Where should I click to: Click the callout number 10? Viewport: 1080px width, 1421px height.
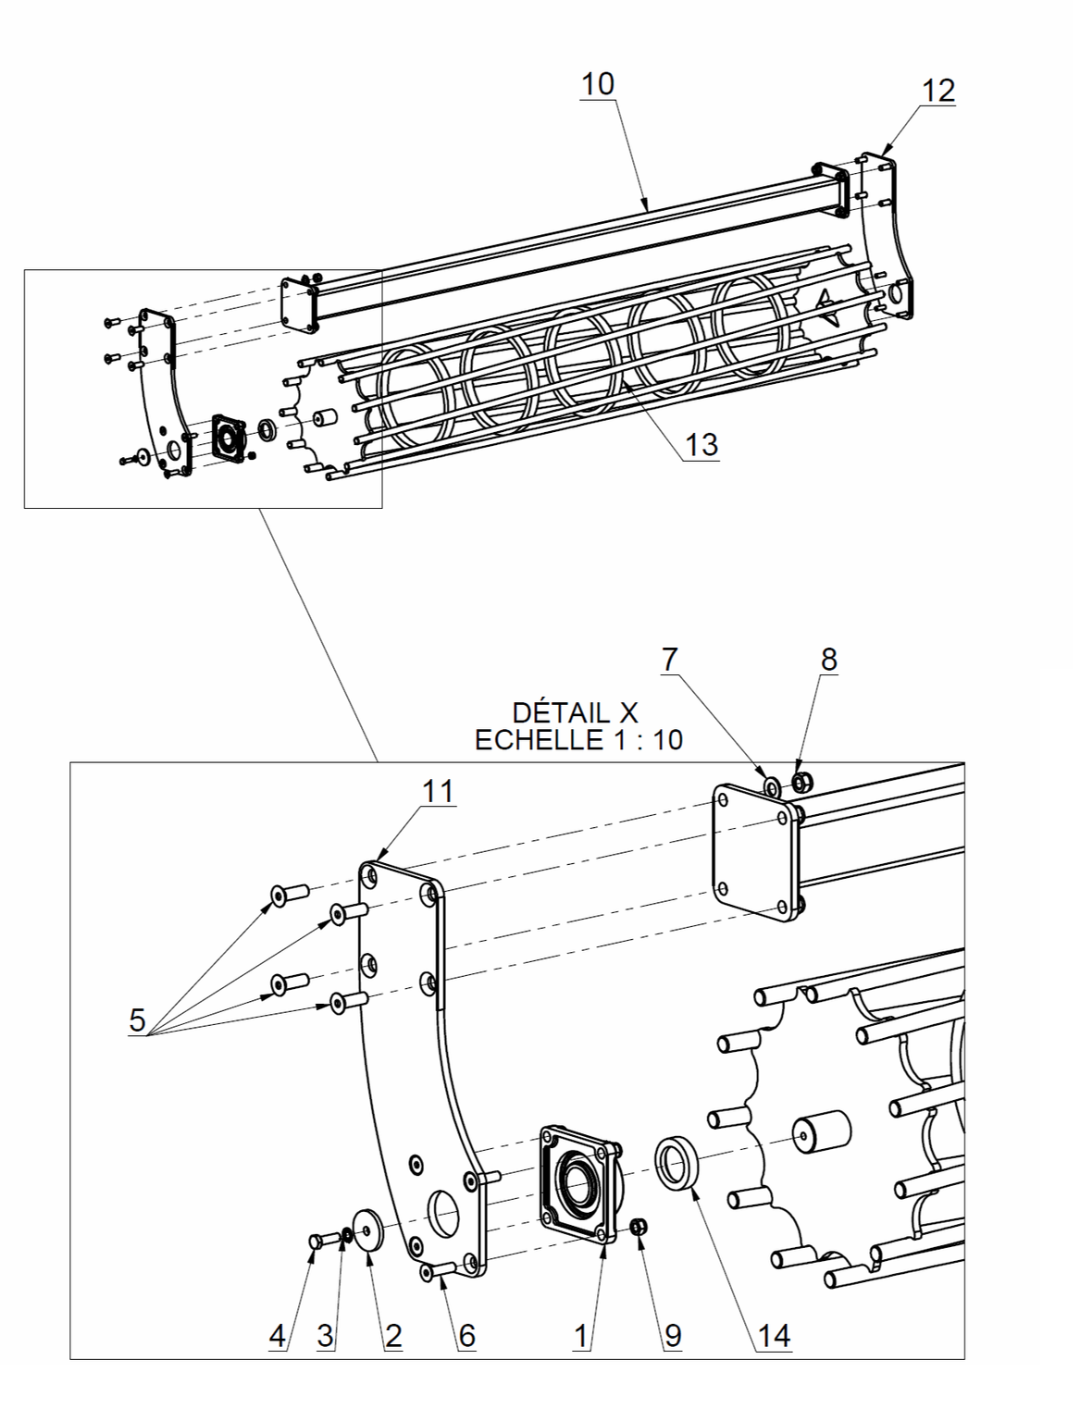597,84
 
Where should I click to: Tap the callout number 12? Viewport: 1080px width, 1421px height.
937,91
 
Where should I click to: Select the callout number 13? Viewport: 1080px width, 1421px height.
701,445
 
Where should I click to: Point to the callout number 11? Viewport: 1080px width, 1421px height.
438,792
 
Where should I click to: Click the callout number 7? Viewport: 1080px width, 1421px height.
669,660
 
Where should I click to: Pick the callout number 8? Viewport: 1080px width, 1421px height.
828,660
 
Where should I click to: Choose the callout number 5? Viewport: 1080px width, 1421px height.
137,1020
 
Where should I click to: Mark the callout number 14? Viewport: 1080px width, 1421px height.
774,1335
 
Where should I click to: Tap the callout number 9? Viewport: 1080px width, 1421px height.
672,1335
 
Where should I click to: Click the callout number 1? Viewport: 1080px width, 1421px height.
581,1335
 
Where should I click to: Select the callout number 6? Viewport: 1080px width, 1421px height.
466,1335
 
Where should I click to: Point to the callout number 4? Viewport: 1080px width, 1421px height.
277,1335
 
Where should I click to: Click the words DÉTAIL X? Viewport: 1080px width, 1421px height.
575,712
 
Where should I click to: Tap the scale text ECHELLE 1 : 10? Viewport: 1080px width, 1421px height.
578,740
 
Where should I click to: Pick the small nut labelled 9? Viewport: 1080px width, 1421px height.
638,1227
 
